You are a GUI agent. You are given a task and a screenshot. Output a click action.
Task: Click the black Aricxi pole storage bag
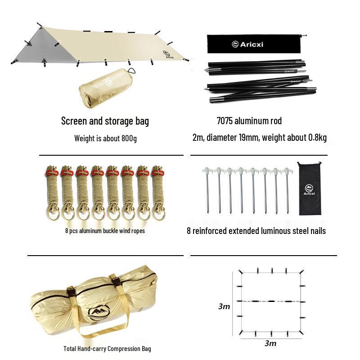pyautogui.click(x=254, y=44)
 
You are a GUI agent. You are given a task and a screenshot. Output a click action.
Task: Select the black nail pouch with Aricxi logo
pyautogui.click(x=309, y=189)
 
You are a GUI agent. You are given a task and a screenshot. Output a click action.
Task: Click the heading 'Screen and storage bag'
pyautogui.click(x=105, y=121)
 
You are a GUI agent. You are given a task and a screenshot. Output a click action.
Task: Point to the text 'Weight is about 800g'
pyautogui.click(x=105, y=139)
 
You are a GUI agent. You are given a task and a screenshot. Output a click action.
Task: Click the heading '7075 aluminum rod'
pyautogui.click(x=249, y=121)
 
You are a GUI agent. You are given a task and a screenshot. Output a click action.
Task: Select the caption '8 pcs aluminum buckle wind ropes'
pyautogui.click(x=105, y=231)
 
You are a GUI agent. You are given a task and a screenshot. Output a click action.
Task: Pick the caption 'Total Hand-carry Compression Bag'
pyautogui.click(x=107, y=349)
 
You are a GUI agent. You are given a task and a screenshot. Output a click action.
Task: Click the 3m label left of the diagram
pyautogui.click(x=224, y=306)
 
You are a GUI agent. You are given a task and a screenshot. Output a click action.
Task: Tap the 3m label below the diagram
pyautogui.click(x=270, y=343)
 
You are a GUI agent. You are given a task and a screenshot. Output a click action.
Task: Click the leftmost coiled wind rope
pyautogui.click(x=53, y=193)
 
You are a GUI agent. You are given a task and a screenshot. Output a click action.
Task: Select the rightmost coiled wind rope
pyautogui.click(x=158, y=193)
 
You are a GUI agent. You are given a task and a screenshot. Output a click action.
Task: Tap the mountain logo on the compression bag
pyautogui.click(x=99, y=312)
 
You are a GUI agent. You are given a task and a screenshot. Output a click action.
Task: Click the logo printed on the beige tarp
pyautogui.click(x=168, y=55)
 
